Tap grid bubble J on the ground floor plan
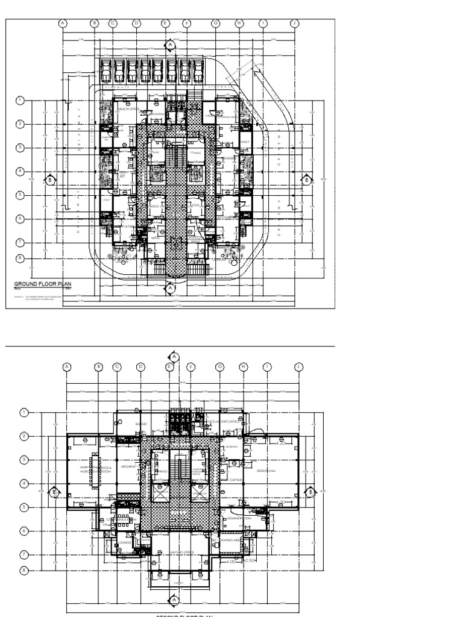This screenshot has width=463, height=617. point(295,23)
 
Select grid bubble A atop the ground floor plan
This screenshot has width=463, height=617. point(62,23)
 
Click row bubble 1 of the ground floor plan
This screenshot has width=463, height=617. point(20,100)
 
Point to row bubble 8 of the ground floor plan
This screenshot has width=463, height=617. point(20,258)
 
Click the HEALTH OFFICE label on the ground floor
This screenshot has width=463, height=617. point(130,109)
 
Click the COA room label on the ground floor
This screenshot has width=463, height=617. point(195,206)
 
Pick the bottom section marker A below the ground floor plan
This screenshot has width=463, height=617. point(171,288)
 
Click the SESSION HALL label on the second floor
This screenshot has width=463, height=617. point(266,470)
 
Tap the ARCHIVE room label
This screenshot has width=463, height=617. point(128,466)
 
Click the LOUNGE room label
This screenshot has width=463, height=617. point(125,542)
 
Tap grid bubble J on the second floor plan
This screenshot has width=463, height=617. point(298,366)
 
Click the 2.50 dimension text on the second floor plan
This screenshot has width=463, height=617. point(251,560)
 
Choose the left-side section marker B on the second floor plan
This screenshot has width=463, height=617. point(54,491)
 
